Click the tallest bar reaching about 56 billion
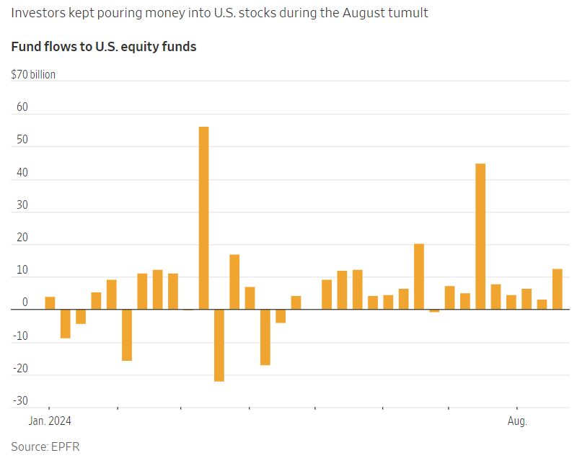203,217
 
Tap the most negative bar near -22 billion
219,345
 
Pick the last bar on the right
557,289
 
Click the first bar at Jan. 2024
50,303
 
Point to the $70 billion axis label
33,74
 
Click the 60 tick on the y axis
22,107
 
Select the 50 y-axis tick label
22,140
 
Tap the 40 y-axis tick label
22,173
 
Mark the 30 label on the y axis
22,205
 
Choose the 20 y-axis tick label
22,238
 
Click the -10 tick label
21,336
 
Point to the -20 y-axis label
21,369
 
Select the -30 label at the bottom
21,401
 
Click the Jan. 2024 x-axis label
50,421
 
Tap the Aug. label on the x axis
517,421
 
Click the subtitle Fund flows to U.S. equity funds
104,47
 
